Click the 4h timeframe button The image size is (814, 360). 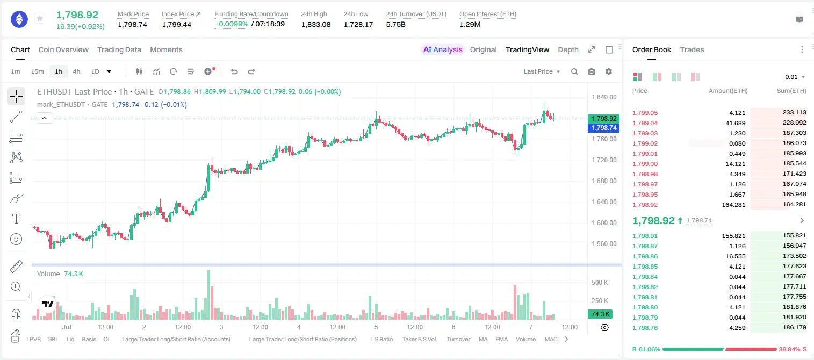(76, 71)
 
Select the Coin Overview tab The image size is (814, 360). (63, 49)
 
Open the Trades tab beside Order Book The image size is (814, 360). (692, 49)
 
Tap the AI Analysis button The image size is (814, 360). (443, 49)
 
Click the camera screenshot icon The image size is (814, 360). (592, 71)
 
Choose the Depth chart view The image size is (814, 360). (568, 49)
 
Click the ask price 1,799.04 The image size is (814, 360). (645, 123)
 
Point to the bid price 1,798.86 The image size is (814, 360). (645, 256)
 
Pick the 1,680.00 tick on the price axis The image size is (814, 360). (604, 181)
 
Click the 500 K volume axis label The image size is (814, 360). (600, 282)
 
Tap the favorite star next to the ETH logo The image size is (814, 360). (40, 18)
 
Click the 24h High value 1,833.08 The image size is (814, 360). (316, 24)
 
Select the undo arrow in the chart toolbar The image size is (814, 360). (234, 71)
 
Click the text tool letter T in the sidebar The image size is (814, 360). (16, 219)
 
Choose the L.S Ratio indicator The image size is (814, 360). (381, 339)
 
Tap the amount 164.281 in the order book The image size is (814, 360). (733, 205)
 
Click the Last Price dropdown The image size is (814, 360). (542, 71)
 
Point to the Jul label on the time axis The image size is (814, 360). (67, 327)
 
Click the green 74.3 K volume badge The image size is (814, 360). (600, 314)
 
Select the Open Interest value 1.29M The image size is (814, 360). (470, 24)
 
